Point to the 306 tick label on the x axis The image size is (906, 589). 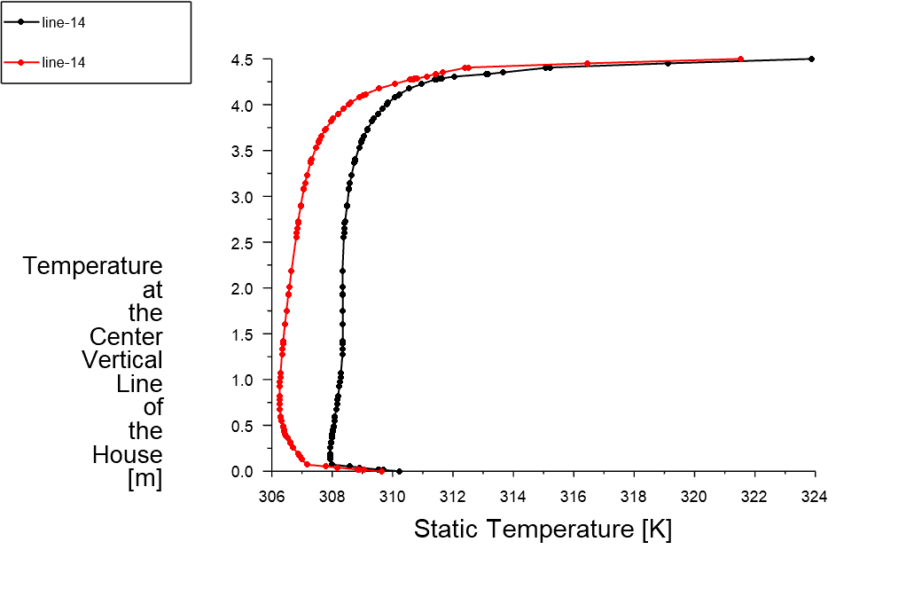pos(271,497)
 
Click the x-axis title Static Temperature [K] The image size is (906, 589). pos(543,530)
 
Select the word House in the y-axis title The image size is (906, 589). pos(128,455)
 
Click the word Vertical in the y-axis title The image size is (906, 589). pos(122,360)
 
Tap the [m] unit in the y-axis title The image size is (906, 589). pos(145,479)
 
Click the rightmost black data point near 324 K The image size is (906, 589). pos(811,59)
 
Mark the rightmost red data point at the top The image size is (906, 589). pos(741,59)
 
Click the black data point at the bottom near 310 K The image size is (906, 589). pos(399,471)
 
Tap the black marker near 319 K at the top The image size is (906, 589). pos(668,63)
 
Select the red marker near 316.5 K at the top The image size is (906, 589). pos(587,64)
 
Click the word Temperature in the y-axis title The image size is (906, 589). pos(93,266)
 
